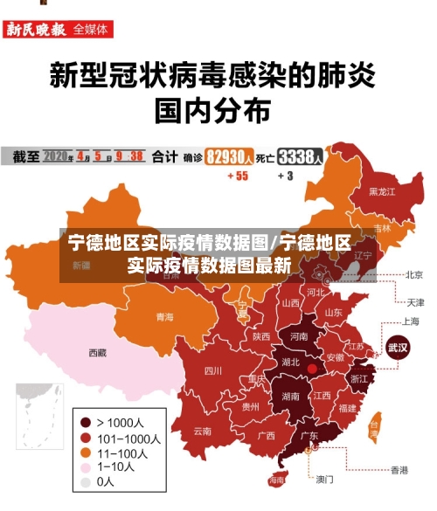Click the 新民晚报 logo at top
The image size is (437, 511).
(36, 29)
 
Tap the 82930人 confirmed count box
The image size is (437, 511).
(230, 156)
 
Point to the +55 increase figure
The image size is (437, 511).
(237, 176)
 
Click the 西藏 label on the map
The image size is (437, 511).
(97, 353)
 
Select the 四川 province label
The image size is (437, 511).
(213, 370)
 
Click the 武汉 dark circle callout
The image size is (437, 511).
(399, 346)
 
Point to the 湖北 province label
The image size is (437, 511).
(289, 362)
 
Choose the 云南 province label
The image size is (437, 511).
(203, 431)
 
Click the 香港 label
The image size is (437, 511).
(399, 470)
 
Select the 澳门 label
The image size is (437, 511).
(324, 479)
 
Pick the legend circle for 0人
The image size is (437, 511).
(86, 481)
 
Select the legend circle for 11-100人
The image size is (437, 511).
(86, 452)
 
